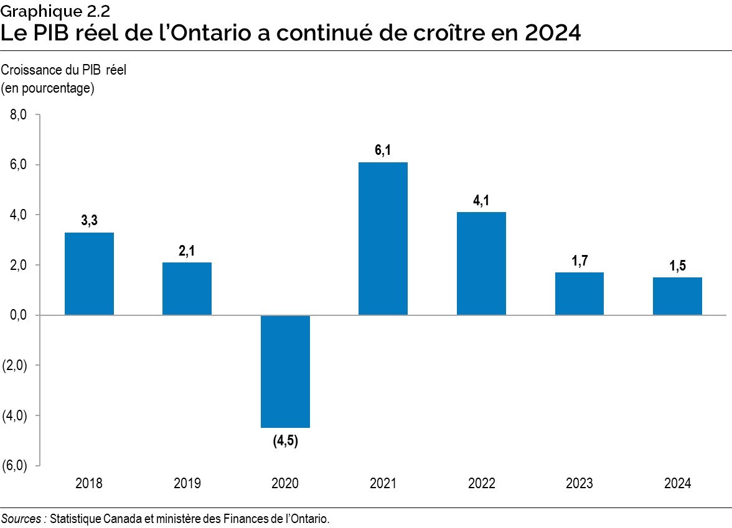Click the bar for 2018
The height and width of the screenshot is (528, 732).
[x=89, y=274]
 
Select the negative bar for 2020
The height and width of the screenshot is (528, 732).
[x=285, y=371]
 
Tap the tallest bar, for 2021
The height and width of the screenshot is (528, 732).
[x=383, y=239]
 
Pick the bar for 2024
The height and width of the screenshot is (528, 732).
[x=677, y=296]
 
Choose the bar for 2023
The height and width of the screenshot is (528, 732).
[x=579, y=294]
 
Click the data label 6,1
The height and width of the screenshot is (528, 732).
[x=383, y=150]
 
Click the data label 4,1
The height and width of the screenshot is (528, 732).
[x=481, y=200]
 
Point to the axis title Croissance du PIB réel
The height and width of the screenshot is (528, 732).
[x=63, y=70]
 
